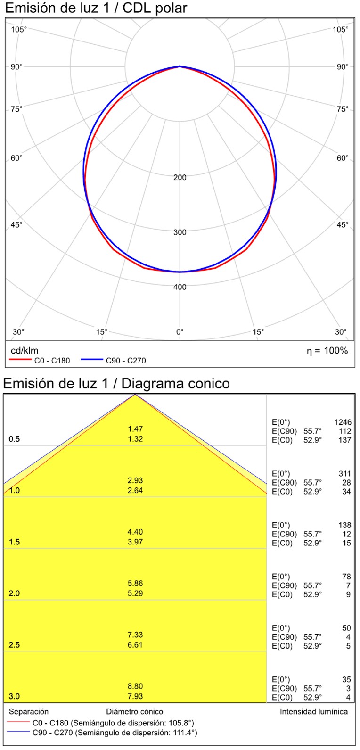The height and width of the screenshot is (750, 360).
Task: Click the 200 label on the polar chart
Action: tap(180, 178)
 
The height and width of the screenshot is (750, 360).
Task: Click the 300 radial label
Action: tap(180, 232)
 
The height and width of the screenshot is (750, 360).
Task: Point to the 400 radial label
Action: tap(180, 287)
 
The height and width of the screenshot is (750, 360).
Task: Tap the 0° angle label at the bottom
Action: tap(180, 332)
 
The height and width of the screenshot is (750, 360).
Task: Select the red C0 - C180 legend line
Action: tap(21, 361)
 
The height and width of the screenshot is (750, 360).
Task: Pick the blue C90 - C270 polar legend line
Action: tap(91, 361)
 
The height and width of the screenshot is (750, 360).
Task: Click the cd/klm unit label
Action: tap(25, 351)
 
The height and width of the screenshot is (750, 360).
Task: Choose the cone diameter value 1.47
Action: tap(135, 429)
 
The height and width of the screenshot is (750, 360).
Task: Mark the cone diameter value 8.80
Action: tap(135, 686)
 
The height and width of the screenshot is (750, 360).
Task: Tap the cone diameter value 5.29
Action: tap(135, 593)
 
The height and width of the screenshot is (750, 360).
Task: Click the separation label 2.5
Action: tap(15, 645)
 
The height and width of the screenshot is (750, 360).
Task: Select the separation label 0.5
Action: tap(15, 439)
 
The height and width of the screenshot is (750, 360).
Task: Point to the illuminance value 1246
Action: tap(343, 422)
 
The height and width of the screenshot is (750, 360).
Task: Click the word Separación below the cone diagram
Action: tap(29, 711)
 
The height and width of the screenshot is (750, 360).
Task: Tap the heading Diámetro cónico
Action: tap(135, 711)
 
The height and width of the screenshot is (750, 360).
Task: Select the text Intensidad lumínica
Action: tap(314, 711)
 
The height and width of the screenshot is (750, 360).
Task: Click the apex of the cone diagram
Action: tap(135, 394)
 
